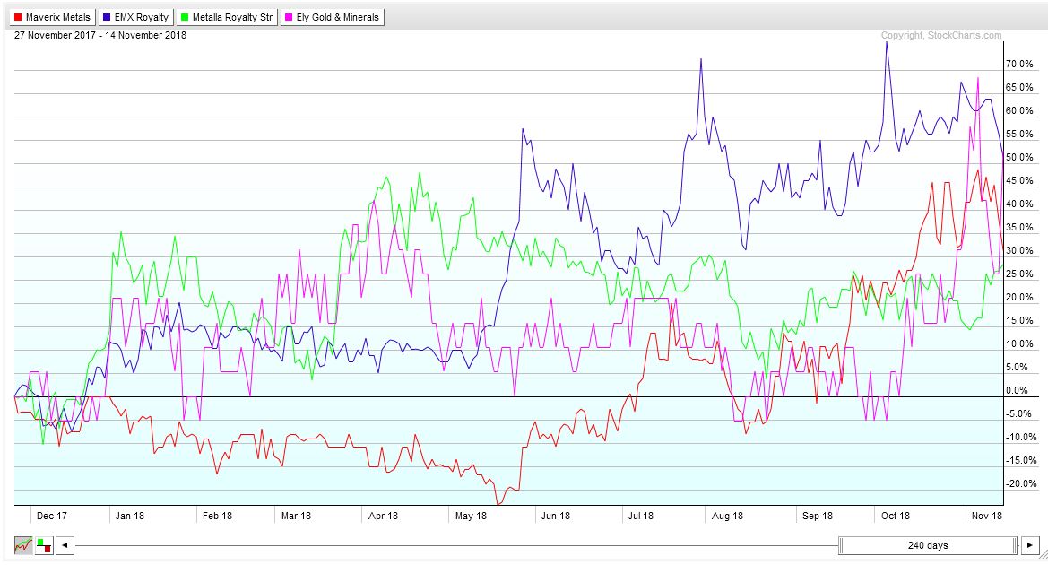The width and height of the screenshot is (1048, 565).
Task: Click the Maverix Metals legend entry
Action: click(x=52, y=17)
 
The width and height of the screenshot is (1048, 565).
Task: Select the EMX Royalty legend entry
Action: click(x=136, y=17)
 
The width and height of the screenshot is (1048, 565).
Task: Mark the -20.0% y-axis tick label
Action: click(x=1021, y=484)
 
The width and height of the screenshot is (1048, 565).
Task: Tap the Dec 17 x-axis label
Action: click(x=50, y=516)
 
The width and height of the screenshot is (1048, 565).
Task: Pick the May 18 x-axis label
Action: click(x=471, y=516)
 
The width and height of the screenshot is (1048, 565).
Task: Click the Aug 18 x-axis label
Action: click(x=726, y=516)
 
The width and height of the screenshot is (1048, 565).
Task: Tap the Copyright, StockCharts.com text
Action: click(x=941, y=36)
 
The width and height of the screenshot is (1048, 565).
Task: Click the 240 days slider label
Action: click(x=929, y=545)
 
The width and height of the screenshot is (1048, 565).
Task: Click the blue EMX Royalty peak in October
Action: click(x=886, y=42)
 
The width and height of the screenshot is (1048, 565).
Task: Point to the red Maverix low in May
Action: click(x=499, y=504)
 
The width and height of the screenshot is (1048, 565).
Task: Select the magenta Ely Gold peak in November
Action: click(x=977, y=78)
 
